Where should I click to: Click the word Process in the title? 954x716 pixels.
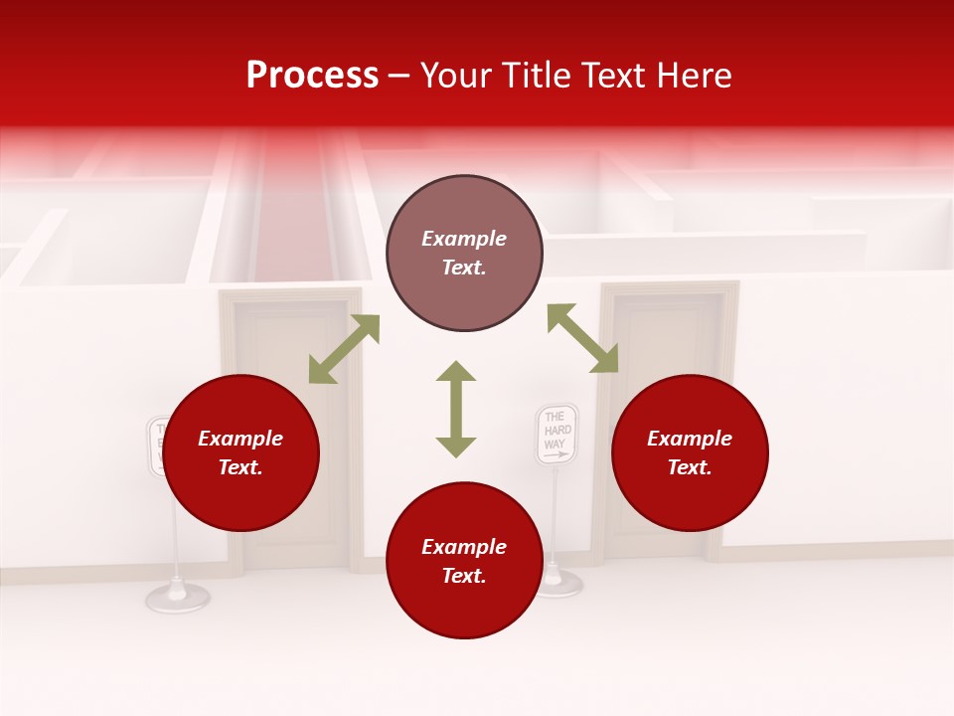click(x=312, y=76)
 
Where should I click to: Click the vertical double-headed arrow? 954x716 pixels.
click(x=456, y=409)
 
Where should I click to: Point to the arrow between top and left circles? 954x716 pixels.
click(x=344, y=349)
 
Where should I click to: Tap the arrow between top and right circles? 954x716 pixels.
click(x=582, y=338)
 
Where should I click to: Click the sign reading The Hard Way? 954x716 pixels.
click(x=556, y=434)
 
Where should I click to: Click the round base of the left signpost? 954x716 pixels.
click(x=178, y=596)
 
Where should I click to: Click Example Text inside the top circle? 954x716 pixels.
click(x=464, y=253)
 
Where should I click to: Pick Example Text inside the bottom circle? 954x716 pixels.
click(x=464, y=561)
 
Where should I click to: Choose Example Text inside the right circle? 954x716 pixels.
click(x=690, y=452)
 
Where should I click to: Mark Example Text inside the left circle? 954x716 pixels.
click(x=240, y=452)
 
